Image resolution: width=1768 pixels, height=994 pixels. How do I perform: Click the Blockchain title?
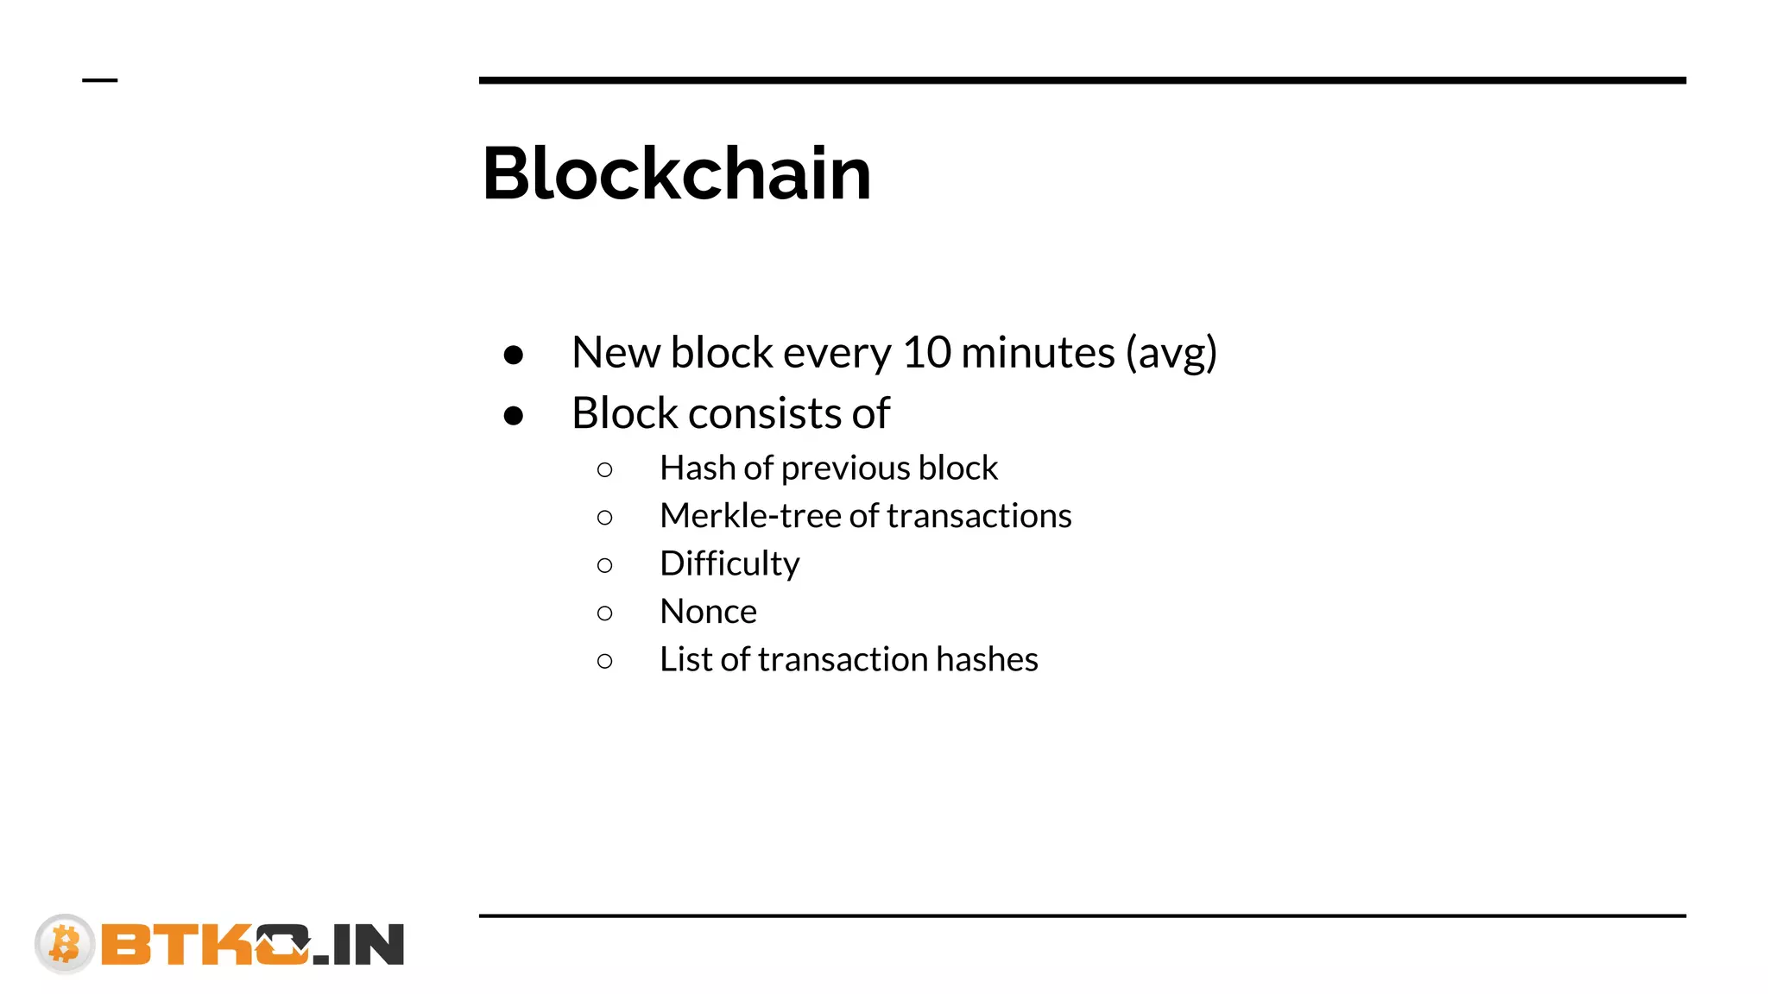676,173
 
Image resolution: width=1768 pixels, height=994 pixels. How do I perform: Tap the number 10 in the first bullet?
926,352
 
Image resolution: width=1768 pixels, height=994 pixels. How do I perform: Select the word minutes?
1038,352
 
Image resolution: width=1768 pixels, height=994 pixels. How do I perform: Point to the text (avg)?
1171,354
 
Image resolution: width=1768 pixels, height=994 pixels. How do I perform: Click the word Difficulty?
729,564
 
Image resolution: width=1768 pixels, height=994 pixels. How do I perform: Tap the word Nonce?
708,612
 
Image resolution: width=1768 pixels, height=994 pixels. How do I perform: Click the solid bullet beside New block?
514,355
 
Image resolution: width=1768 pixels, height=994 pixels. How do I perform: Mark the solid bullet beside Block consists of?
514,416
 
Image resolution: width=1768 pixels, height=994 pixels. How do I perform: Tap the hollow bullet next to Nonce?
604,613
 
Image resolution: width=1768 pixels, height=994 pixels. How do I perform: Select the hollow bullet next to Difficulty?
604,565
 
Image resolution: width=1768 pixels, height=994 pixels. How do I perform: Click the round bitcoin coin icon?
65,943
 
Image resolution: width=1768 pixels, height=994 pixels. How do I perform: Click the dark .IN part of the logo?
359,945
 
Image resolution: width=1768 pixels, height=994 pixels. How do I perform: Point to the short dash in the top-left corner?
99,80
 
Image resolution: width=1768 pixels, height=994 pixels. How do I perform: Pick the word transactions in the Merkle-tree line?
979,516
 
